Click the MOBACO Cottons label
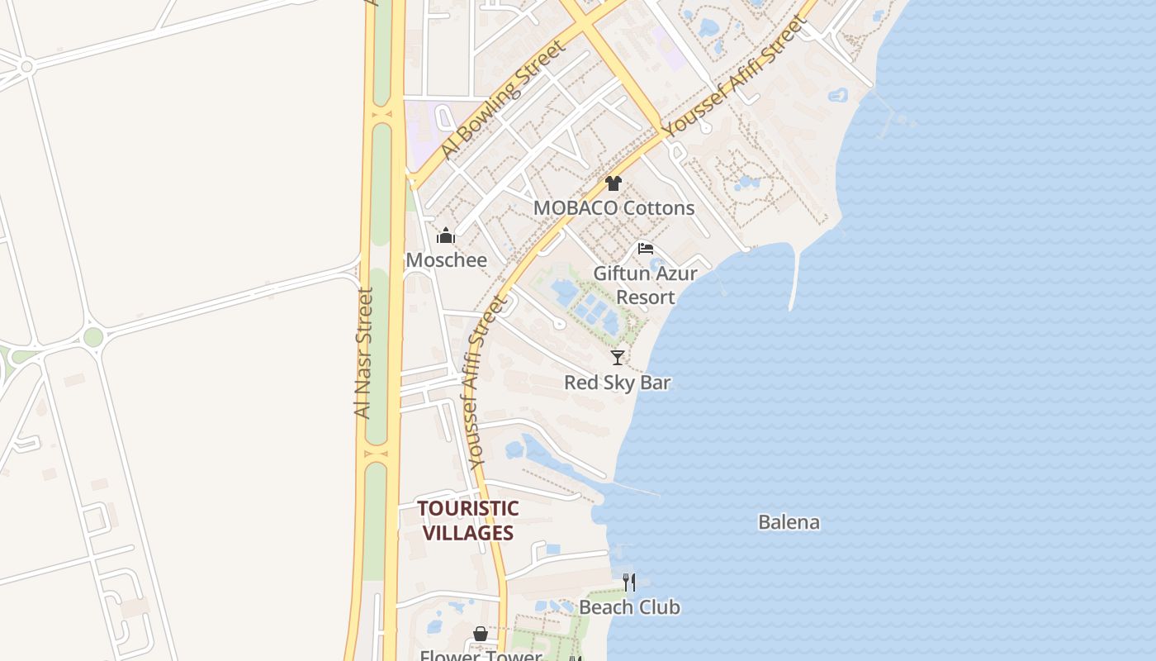tap(614, 207)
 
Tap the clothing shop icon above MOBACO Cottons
tap(613, 183)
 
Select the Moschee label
tap(446, 260)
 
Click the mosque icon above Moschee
tap(446, 236)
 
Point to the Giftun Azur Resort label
tap(645, 284)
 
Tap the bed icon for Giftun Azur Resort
tap(646, 248)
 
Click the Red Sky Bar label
tap(617, 383)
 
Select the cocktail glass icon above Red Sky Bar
tap(617, 358)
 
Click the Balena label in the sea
tap(789, 522)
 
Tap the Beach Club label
tap(629, 607)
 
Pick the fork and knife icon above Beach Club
tap(629, 583)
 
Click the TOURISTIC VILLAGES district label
tap(467, 521)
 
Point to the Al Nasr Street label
tap(363, 353)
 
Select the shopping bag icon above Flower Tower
tap(481, 634)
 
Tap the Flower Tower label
tap(481, 655)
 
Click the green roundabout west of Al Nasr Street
tap(93, 337)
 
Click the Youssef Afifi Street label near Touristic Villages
tap(486, 384)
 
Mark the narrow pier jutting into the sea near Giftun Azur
tap(794, 281)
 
